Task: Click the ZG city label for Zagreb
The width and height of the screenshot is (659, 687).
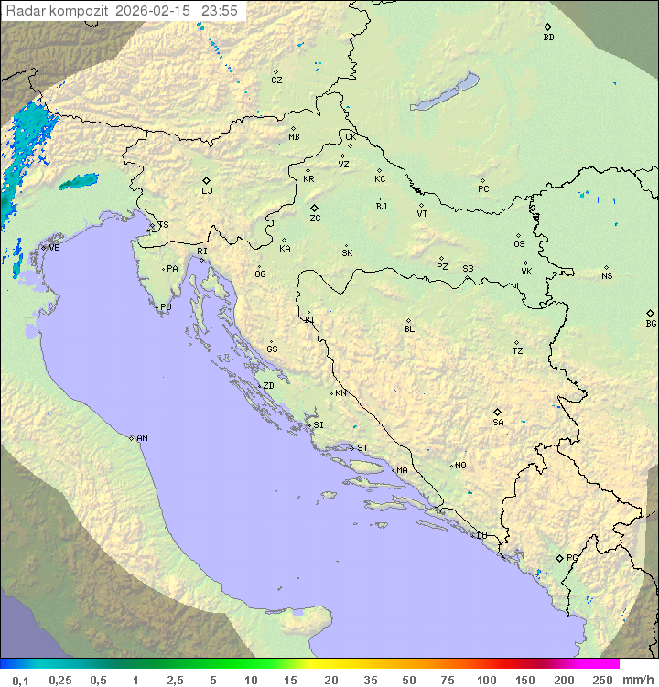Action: click(x=315, y=219)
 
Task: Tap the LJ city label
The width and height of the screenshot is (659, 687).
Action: click(x=207, y=191)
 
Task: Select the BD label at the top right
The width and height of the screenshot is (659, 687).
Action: click(x=548, y=38)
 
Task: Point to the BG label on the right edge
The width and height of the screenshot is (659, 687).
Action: click(x=651, y=323)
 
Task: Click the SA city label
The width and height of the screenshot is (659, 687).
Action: click(x=498, y=422)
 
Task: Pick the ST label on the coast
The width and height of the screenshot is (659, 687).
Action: click(x=362, y=448)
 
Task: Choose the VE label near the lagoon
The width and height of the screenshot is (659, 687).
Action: click(x=54, y=248)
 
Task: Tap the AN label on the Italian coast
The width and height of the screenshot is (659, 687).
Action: click(x=142, y=438)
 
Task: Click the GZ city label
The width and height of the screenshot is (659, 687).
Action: click(x=276, y=80)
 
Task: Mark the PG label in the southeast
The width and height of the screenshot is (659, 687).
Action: click(x=572, y=557)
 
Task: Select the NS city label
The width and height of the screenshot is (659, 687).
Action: click(x=607, y=276)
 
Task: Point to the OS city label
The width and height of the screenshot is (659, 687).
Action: click(x=519, y=244)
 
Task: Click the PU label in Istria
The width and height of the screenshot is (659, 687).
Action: click(x=166, y=307)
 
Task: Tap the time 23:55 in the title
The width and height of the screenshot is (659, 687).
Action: click(x=220, y=11)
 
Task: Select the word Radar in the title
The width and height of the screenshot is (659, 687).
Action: click(x=23, y=11)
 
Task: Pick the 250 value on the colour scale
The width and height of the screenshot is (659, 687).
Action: click(x=601, y=680)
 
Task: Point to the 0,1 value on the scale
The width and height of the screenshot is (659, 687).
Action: click(x=20, y=680)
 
